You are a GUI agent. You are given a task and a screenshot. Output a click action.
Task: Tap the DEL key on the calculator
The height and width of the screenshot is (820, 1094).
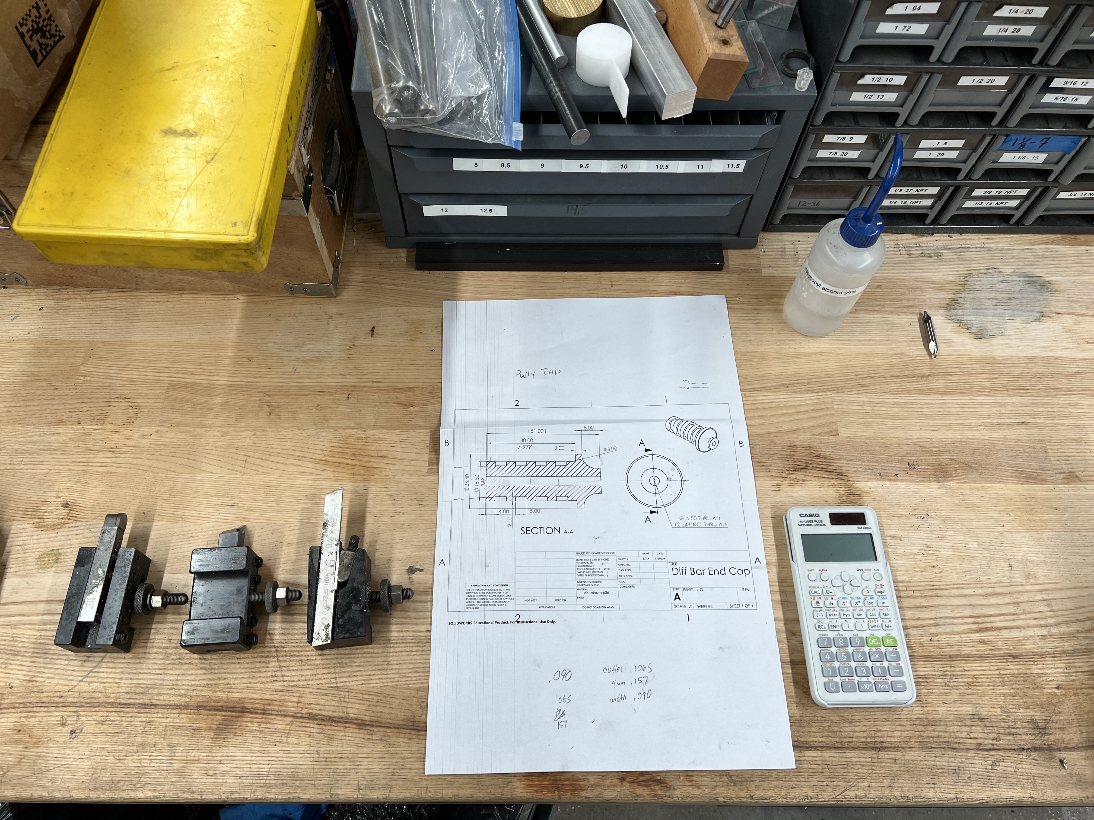click(x=873, y=642)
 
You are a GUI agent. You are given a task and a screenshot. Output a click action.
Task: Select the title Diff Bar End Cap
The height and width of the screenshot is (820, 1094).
click(x=710, y=571)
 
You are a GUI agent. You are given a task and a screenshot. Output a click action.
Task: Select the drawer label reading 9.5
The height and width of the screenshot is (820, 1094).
click(x=584, y=166)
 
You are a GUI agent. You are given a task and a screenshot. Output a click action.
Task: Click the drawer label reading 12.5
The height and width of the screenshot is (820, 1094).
click(x=486, y=211)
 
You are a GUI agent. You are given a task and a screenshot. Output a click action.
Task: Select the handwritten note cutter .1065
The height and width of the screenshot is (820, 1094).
click(x=627, y=669)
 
